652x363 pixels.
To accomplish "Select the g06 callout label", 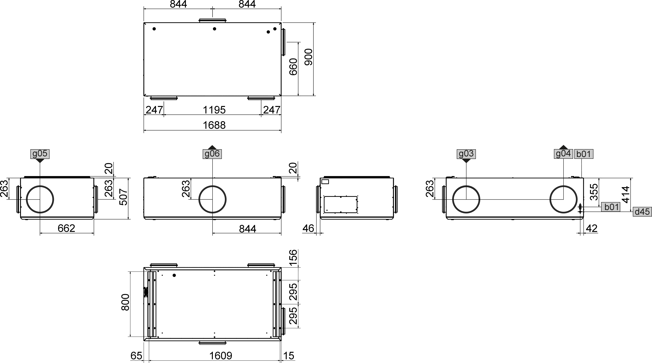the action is pyautogui.click(x=212, y=154).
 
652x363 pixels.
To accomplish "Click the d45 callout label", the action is pyautogui.click(x=642, y=212).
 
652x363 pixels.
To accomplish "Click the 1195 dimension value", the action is pyautogui.click(x=214, y=110).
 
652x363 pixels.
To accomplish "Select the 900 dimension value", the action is pyautogui.click(x=308, y=57).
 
